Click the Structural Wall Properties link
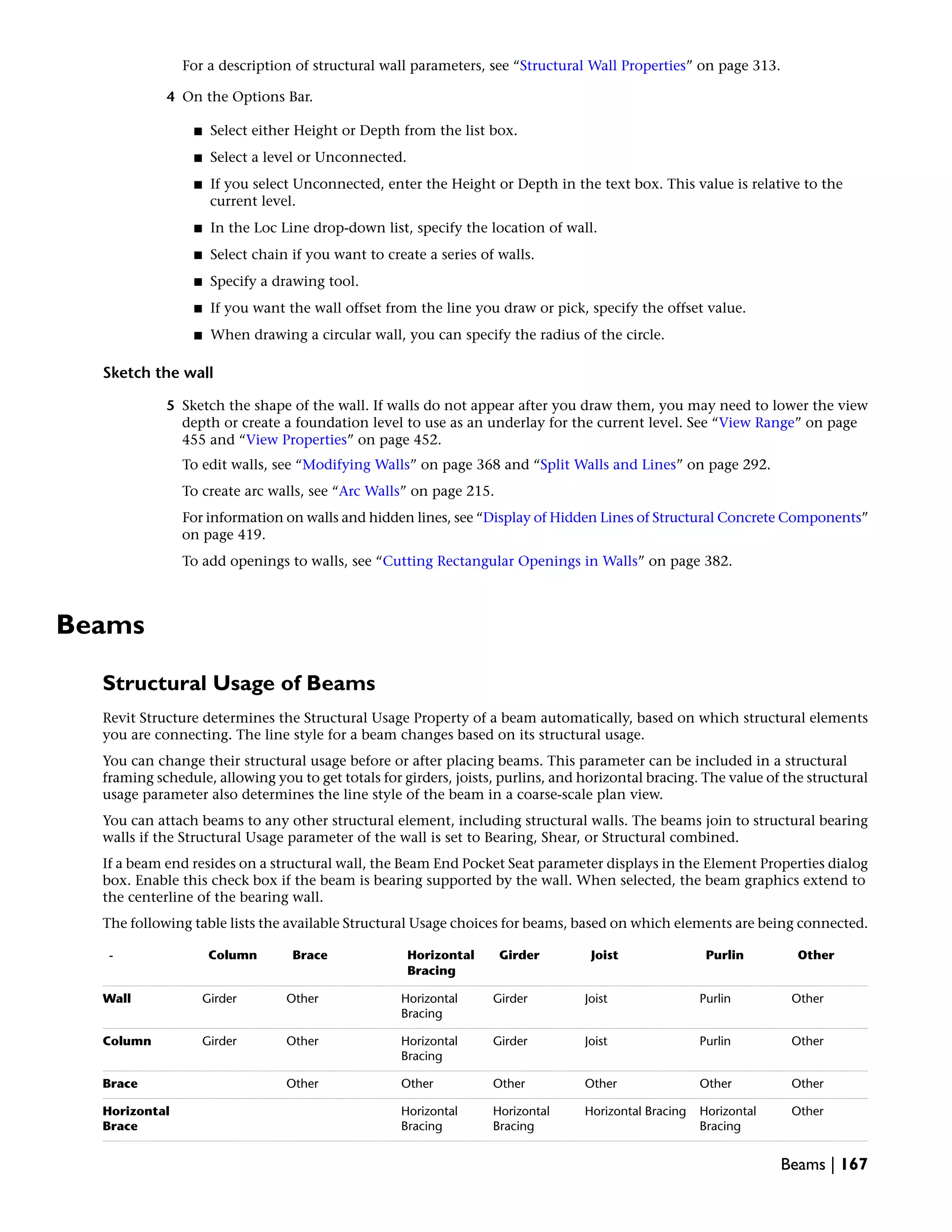pos(602,66)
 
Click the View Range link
pos(756,423)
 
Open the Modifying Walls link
pos(356,465)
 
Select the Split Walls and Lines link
pos(608,465)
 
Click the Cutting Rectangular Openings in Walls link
pos(510,561)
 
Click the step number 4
pos(170,97)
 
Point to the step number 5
pos(170,405)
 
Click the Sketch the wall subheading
pos(158,373)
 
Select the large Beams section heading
pos(100,625)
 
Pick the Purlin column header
pos(724,955)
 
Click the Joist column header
pos(604,955)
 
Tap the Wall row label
pos(117,999)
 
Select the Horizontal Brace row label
pos(135,1118)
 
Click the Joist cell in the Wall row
pos(595,999)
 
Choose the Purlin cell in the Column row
pos(714,1041)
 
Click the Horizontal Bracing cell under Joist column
pos(635,1111)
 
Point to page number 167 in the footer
pos(854,1164)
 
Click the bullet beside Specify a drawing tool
pos(198,281)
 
